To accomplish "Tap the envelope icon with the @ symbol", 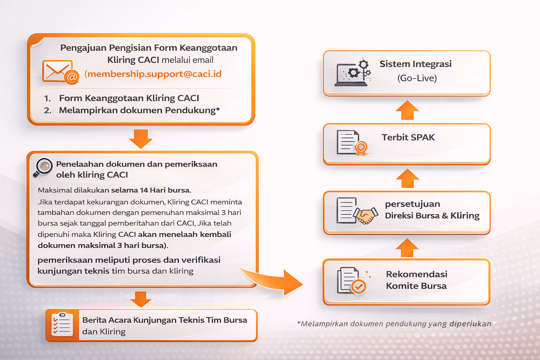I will point(60,72).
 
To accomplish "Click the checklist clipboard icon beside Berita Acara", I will point(62,324).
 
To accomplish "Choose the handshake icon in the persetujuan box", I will point(366,214).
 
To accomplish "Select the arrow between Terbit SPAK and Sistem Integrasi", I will point(407,110).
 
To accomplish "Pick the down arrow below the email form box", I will point(141,139).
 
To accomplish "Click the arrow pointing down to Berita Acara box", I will point(141,299).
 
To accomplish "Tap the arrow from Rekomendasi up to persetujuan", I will point(407,248).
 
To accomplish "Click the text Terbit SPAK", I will point(408,137).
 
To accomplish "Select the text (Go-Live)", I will point(417,78).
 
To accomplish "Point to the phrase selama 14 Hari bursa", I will point(151,190).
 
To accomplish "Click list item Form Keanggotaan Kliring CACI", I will point(129,98).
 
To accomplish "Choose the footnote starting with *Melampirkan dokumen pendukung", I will point(394,324).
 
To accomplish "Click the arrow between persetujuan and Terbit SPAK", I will point(407,179).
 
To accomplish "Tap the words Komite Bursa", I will point(416,286).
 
